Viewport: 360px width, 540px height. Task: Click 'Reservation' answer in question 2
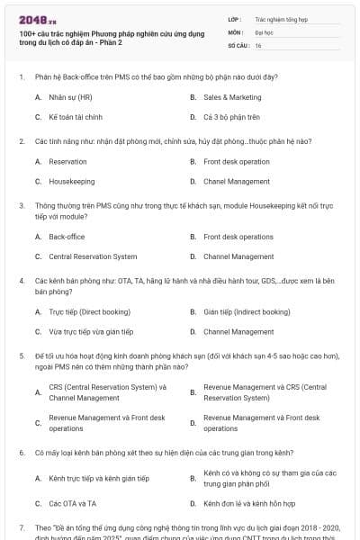67,161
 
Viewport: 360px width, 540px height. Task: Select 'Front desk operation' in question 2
236,161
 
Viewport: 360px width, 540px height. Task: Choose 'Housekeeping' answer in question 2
72,181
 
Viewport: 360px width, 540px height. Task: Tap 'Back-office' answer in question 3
67,237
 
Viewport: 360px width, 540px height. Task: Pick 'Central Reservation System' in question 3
93,256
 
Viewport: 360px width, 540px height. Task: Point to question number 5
21,355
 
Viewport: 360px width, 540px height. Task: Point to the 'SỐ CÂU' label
238,44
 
